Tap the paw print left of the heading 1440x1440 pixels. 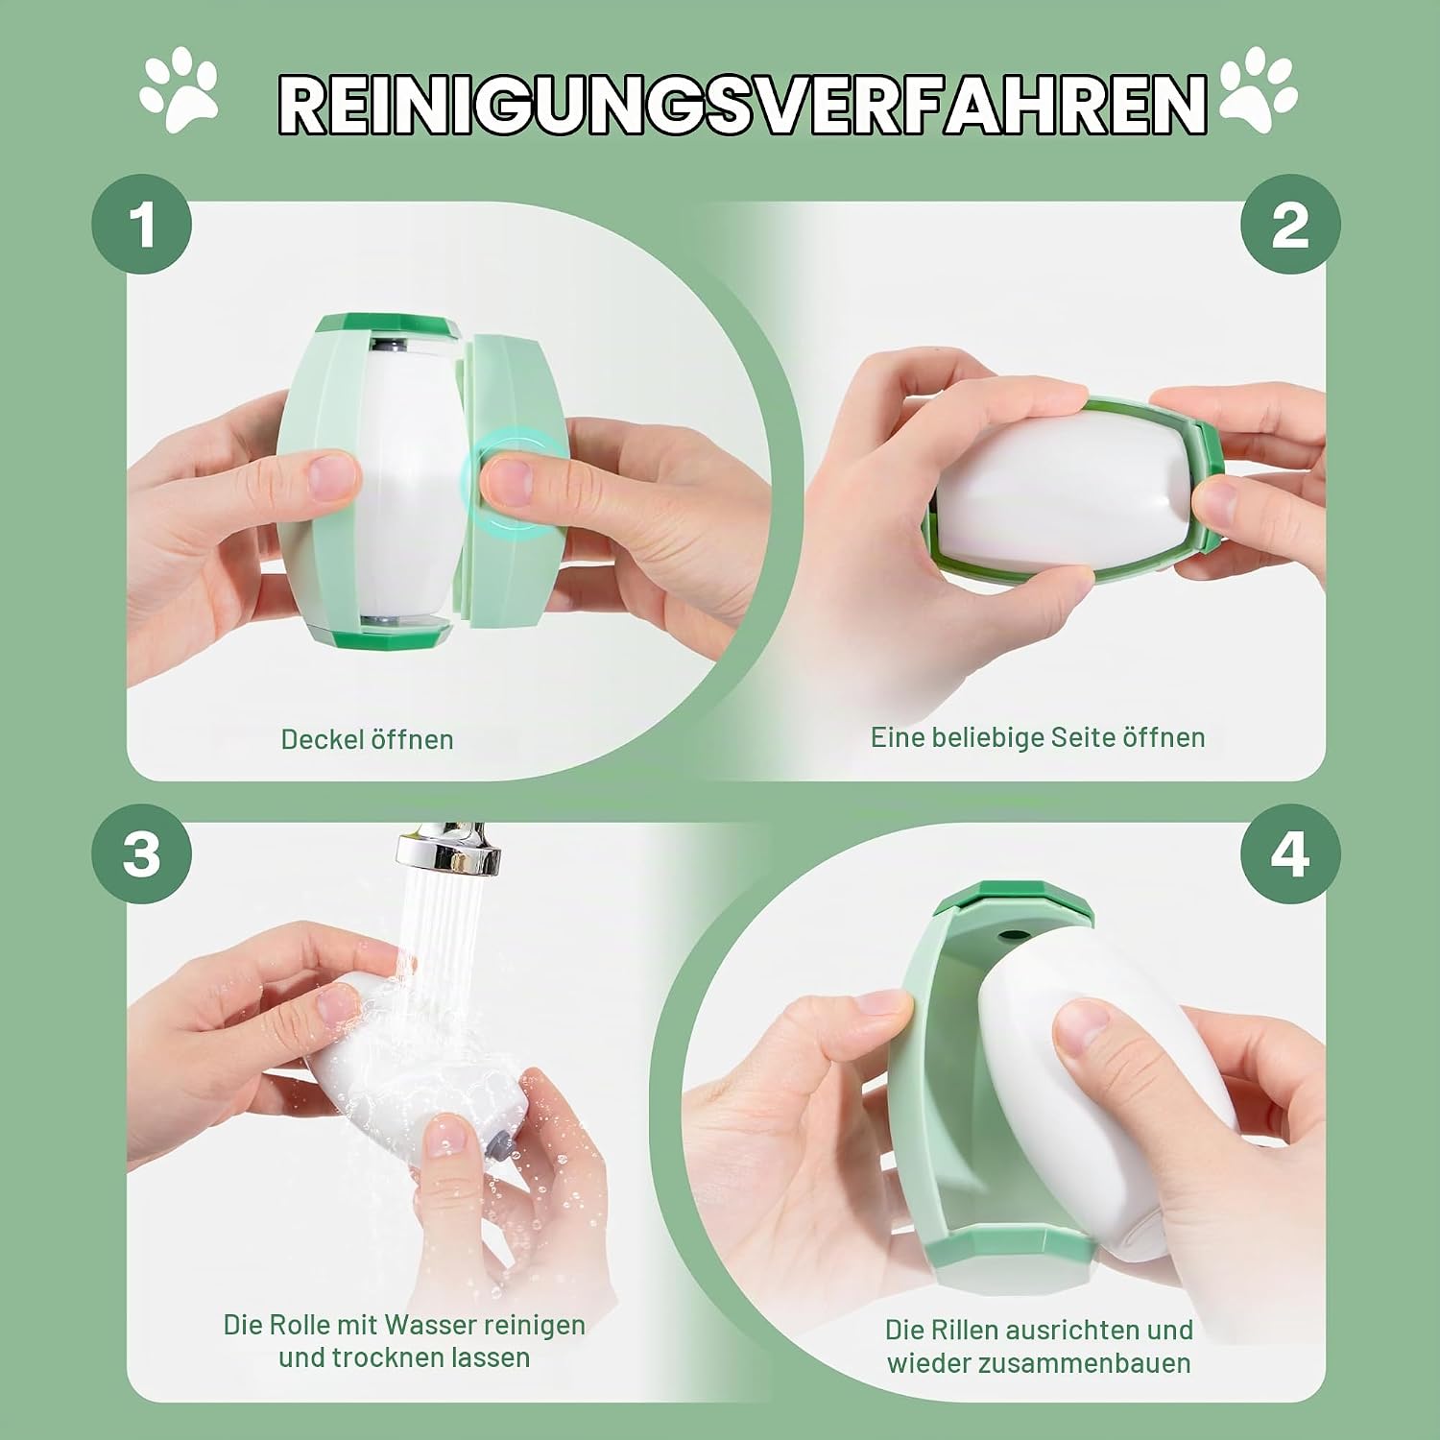179,95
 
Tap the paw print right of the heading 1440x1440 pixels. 1258,92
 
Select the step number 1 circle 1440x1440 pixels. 142,224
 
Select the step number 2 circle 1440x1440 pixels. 1290,224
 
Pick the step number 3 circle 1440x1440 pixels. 142,853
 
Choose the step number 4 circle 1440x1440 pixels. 1290,853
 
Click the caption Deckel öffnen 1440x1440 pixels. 367,739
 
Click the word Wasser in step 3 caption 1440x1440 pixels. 432,1325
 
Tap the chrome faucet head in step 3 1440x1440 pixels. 449,848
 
